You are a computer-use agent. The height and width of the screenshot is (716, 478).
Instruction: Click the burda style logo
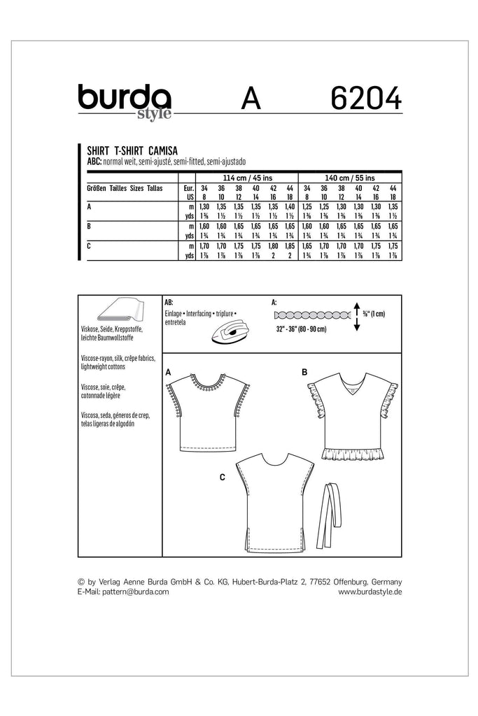[125, 101]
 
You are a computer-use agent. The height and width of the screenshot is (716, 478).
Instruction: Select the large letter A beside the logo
[250, 99]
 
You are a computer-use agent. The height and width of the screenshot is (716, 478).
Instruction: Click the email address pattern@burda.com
[124, 592]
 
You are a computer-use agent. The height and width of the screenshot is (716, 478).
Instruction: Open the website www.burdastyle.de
[370, 592]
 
